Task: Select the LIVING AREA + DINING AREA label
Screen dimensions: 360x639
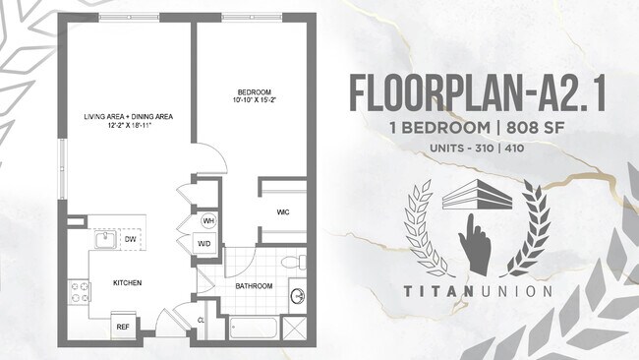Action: tap(128, 117)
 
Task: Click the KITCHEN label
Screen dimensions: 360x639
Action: tap(127, 283)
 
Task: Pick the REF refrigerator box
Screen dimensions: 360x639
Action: tap(124, 326)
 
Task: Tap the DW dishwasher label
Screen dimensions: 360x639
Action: tap(130, 239)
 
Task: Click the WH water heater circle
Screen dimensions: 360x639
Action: tap(208, 220)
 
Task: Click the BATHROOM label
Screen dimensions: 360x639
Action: tap(253, 286)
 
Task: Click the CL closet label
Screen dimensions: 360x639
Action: tap(202, 321)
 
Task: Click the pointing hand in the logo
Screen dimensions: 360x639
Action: tap(478, 245)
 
